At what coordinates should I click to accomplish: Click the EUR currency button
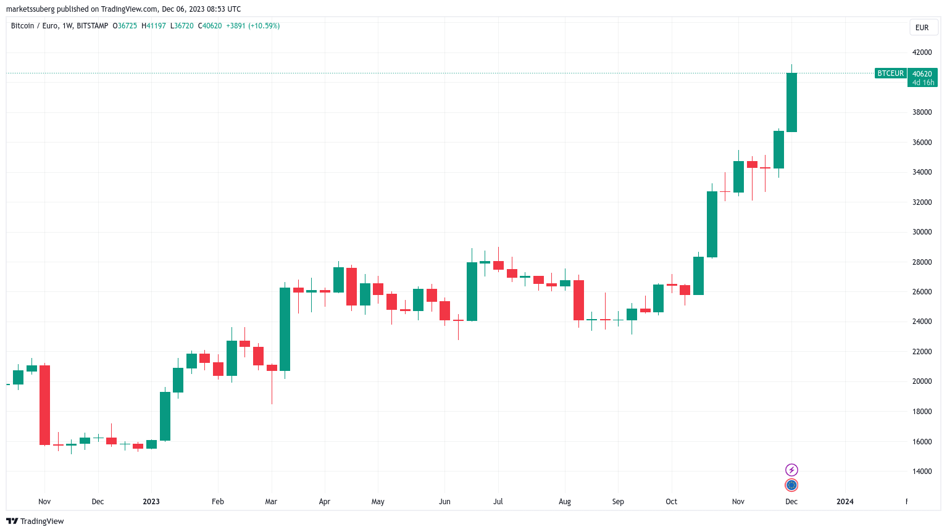[x=922, y=28]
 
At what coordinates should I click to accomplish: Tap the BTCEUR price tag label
[x=890, y=73]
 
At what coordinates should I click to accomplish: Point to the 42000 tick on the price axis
[x=922, y=52]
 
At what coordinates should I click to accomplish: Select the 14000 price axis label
[x=922, y=472]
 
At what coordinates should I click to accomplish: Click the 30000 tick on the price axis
[x=922, y=232]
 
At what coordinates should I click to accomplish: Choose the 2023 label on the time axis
[x=151, y=502]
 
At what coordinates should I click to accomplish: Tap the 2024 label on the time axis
[x=845, y=502]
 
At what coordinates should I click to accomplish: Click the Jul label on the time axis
[x=498, y=502]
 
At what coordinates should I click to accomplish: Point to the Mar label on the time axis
[x=271, y=502]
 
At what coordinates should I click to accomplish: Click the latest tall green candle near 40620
[x=791, y=102]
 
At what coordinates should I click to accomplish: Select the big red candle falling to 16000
[x=44, y=405]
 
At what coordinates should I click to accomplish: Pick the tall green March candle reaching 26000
[x=285, y=329]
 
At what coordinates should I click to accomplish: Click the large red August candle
[x=578, y=300]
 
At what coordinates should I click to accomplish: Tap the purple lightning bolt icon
[x=791, y=470]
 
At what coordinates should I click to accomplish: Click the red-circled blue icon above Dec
[x=791, y=485]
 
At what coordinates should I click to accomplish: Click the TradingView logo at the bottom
[x=35, y=522]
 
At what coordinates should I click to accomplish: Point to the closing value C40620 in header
[x=210, y=26]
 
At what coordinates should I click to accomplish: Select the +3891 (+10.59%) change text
[x=253, y=26]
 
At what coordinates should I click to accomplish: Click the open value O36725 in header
[x=125, y=26]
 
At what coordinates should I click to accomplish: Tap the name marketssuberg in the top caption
[x=30, y=9]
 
